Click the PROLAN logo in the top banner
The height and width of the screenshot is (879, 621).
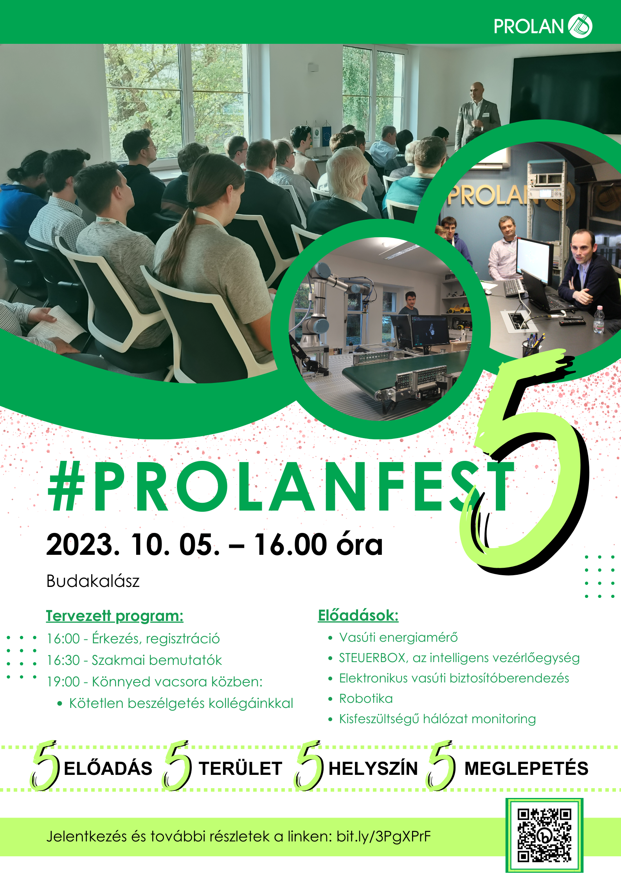(x=543, y=26)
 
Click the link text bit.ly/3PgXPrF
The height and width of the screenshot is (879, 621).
(x=383, y=837)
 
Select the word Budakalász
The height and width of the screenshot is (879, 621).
(x=93, y=581)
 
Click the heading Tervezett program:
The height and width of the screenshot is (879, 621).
(x=115, y=616)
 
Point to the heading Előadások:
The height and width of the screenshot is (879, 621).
(x=358, y=615)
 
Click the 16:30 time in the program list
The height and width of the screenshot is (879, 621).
(x=63, y=660)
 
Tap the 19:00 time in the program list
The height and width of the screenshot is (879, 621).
(x=63, y=682)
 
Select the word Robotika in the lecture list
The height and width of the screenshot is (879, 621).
(x=366, y=699)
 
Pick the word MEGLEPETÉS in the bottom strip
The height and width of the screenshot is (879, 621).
(x=526, y=769)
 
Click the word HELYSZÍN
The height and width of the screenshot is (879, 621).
(x=373, y=769)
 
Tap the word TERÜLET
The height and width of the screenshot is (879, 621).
(x=240, y=769)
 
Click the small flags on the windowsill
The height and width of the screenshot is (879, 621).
(x=321, y=135)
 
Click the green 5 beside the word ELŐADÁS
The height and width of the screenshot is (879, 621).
(x=45, y=766)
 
